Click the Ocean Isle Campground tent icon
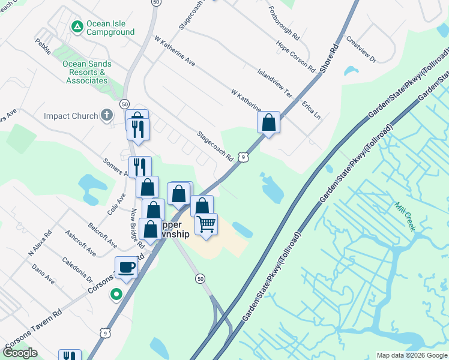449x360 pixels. coord(77,26)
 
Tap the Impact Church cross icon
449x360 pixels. coord(107,115)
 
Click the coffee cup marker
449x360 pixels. coord(126,267)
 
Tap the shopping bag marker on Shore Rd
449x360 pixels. coord(268,122)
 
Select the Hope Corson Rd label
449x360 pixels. coord(295,55)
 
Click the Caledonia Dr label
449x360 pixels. coord(78,271)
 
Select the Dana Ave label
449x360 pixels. coord(43,274)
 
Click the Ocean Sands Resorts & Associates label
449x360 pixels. coord(87,72)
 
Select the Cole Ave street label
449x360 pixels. coord(116,203)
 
